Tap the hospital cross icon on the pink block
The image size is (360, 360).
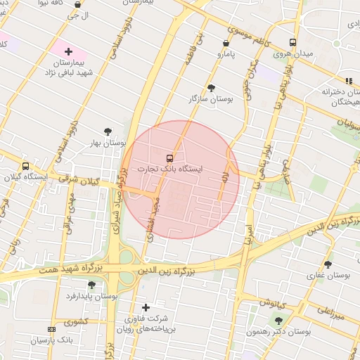(x=68, y=52)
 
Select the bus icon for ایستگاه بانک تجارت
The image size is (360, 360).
(x=169, y=157)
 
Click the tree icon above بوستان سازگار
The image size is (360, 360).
(x=211, y=88)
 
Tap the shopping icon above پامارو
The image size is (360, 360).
(x=225, y=43)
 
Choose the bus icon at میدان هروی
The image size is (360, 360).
(x=292, y=42)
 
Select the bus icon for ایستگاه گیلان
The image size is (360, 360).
(x=26, y=167)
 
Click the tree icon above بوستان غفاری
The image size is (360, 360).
(x=328, y=264)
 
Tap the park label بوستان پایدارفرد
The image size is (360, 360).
(x=91, y=297)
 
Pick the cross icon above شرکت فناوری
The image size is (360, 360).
(x=146, y=307)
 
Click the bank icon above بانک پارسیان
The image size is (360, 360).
(x=51, y=329)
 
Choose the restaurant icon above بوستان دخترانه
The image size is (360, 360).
(x=349, y=81)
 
